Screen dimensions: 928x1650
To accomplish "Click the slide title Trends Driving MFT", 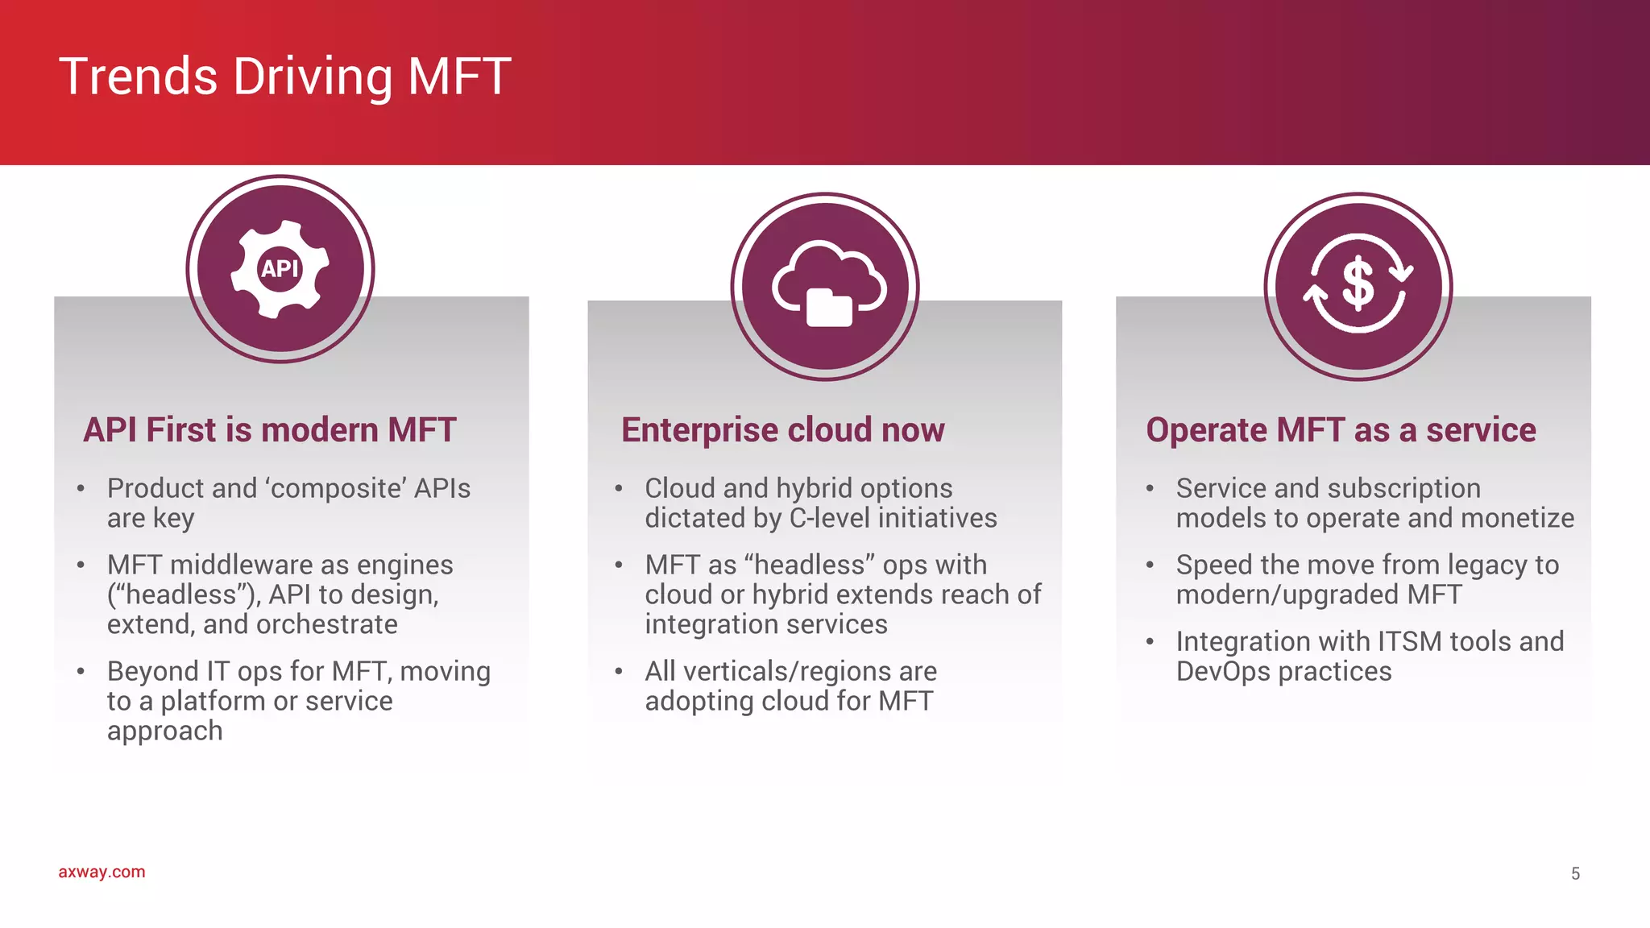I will [x=284, y=77].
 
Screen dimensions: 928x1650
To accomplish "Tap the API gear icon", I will [x=280, y=268].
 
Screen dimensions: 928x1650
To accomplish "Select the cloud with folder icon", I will [x=828, y=285].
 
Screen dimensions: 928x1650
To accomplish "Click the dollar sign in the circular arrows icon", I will [x=1358, y=284].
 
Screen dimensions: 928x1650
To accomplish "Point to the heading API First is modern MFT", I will [x=270, y=430].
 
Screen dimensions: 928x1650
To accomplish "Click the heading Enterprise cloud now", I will [x=782, y=430].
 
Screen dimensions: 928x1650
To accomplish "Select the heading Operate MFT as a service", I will [x=1341, y=430].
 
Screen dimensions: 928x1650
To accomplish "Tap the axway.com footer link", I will [x=102, y=872].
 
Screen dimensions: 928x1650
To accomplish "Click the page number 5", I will [x=1575, y=873].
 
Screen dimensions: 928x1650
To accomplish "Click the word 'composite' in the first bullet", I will [x=336, y=488].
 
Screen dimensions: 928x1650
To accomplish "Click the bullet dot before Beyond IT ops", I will [x=81, y=671].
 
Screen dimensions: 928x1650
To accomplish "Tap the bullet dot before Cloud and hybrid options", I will [x=619, y=488].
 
